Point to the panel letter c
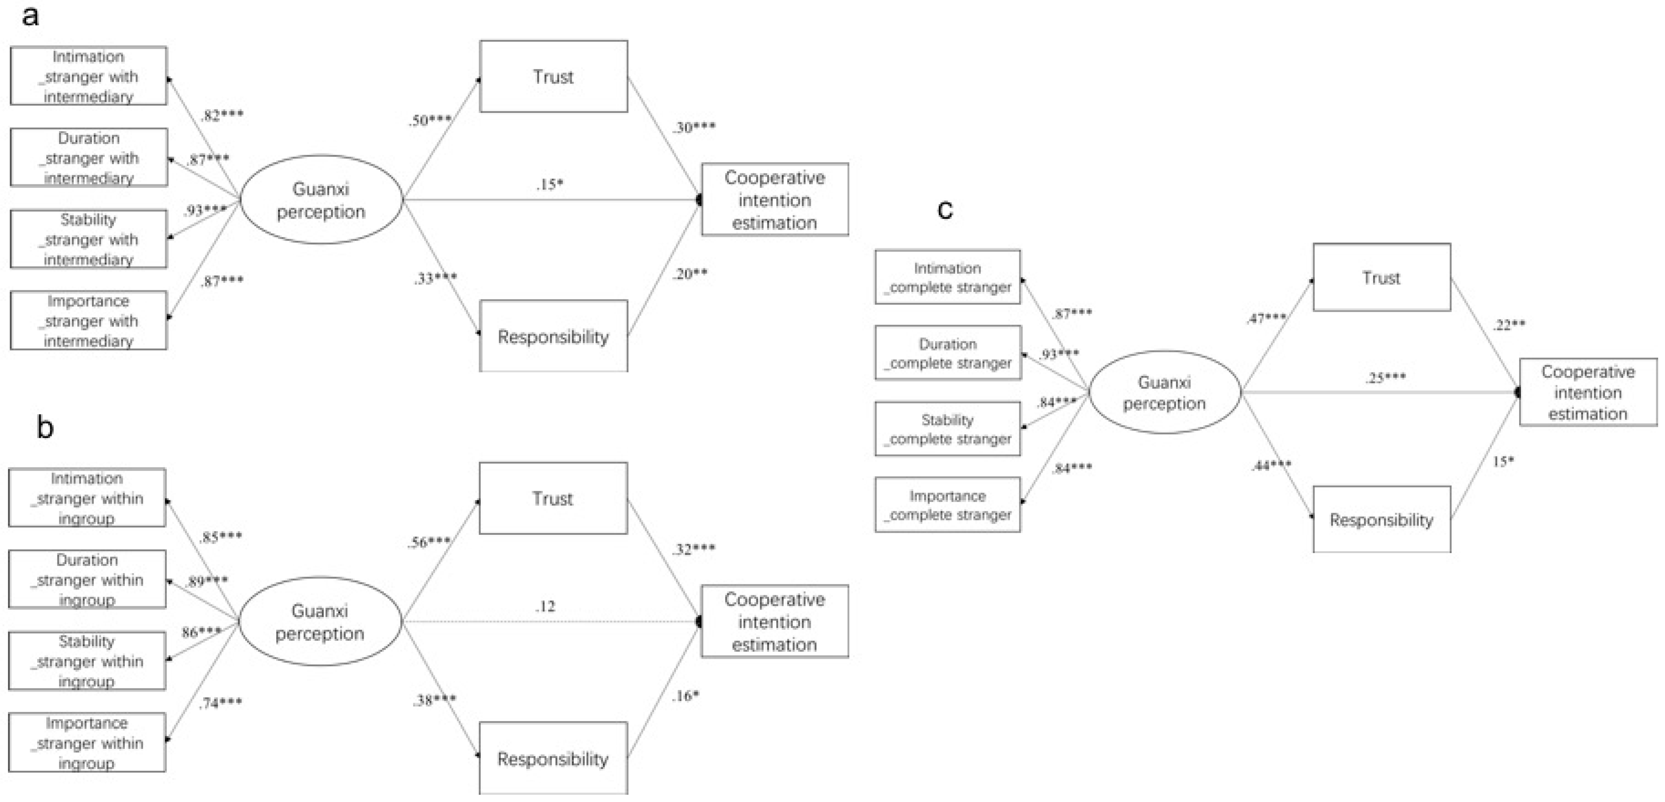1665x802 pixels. (945, 209)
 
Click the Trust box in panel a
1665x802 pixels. (553, 77)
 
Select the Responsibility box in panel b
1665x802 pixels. (553, 758)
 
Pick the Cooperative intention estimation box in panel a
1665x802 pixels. (774, 200)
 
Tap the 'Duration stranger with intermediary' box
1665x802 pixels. (89, 158)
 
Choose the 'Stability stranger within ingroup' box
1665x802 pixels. (87, 661)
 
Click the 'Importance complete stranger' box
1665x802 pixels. (948, 505)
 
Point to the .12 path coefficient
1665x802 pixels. (545, 606)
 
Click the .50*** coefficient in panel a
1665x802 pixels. (430, 120)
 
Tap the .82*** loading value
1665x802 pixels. (222, 115)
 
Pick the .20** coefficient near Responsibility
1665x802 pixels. (690, 274)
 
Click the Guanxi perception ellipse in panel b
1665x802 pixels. (320, 621)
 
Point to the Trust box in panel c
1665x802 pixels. (1381, 277)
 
